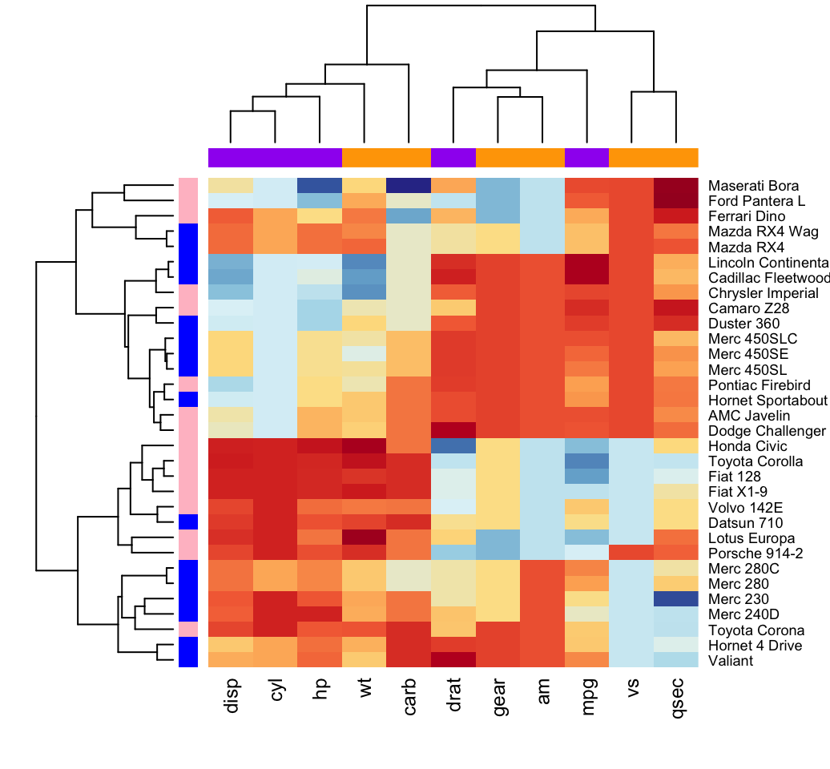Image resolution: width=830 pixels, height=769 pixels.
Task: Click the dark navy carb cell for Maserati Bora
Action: click(x=409, y=185)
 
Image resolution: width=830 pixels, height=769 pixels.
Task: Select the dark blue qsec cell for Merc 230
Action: click(x=676, y=599)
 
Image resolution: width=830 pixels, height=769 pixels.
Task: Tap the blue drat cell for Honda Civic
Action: click(x=453, y=446)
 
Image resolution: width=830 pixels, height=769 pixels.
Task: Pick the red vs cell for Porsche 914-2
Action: click(x=631, y=554)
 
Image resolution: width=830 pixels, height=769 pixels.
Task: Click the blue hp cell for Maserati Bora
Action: click(x=320, y=185)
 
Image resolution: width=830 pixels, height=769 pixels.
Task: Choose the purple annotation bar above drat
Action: click(x=453, y=157)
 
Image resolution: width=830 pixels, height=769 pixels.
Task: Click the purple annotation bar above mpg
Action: click(x=587, y=157)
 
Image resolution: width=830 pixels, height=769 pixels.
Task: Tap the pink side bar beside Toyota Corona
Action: click(x=187, y=630)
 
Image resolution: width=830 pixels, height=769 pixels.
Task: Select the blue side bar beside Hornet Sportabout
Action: click(x=187, y=400)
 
